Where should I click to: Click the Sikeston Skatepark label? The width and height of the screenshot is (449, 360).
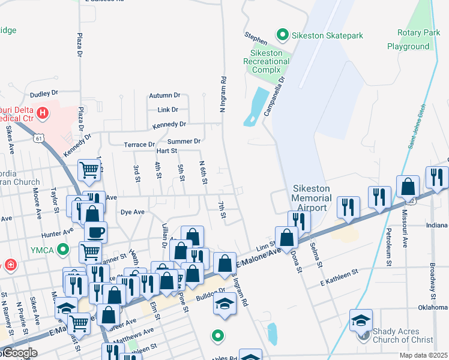click(x=327, y=35)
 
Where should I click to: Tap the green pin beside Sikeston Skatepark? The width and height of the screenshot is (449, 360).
click(x=282, y=35)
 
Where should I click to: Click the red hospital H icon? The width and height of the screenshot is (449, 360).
click(x=43, y=113)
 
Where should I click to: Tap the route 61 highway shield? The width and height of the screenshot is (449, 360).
click(x=38, y=139)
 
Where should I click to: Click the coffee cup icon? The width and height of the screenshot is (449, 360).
click(x=95, y=232)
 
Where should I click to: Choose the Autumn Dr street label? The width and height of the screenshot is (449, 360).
click(x=164, y=95)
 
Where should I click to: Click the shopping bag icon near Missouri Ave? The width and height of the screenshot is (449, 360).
click(x=408, y=187)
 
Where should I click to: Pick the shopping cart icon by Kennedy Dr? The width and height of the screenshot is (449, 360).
click(x=89, y=170)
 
